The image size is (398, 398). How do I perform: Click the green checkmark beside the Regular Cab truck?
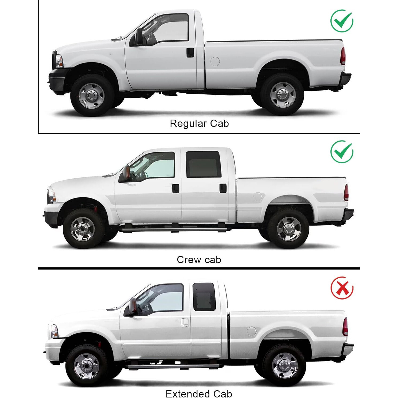click(342, 21)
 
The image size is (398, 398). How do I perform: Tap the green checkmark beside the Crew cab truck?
click(342, 152)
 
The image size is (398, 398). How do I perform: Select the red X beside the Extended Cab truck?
click(342, 288)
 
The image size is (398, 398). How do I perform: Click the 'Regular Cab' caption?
click(199, 123)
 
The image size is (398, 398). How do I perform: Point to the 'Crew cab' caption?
click(199, 260)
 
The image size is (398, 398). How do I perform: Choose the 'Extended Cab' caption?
click(199, 393)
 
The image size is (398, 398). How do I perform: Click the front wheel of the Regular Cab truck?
click(91, 95)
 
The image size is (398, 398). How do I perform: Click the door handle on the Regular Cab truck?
click(190, 53)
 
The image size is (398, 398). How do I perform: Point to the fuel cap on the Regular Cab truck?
click(215, 61)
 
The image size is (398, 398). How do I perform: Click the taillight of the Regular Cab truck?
click(343, 56)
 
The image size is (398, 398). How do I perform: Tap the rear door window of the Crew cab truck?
click(203, 164)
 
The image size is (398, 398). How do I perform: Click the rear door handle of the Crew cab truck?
click(223, 188)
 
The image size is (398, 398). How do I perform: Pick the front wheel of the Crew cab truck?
click(83, 229)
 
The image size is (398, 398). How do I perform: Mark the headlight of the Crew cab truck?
click(51, 195)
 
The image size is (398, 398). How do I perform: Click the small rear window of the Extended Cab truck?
click(204, 297)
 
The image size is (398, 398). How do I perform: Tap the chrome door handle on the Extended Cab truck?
click(184, 322)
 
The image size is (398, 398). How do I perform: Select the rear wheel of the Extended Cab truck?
click(285, 365)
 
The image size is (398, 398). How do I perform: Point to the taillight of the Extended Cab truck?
click(345, 326)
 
